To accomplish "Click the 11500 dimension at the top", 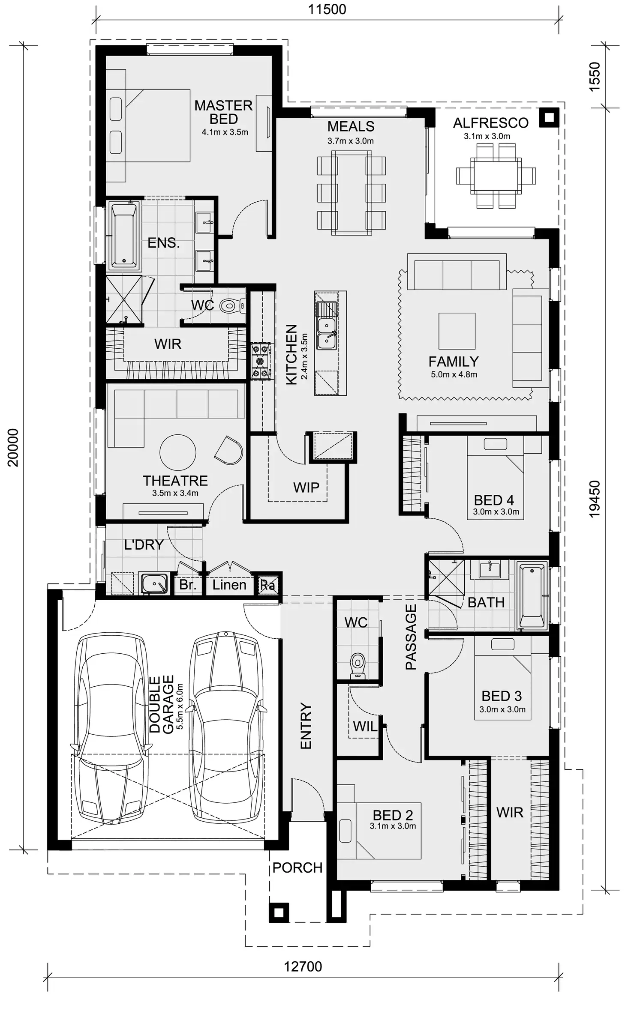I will click(x=327, y=9).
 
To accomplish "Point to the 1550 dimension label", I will click(x=595, y=77).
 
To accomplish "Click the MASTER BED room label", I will click(x=223, y=112).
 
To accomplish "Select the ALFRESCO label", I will click(x=490, y=123).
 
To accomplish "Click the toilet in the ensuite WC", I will click(x=229, y=306).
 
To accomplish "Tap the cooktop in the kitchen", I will click(x=261, y=361).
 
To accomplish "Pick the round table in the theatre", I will click(x=177, y=452).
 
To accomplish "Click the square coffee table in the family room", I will click(x=457, y=331).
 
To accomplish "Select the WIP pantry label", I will click(x=306, y=488).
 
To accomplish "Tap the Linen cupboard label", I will click(x=229, y=585).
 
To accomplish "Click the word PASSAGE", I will click(x=411, y=637).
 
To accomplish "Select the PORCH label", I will click(x=297, y=868).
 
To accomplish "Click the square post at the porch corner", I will click(x=279, y=913).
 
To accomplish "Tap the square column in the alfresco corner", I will click(x=549, y=117).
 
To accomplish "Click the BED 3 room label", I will click(x=502, y=696).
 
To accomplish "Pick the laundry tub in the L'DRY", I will click(x=154, y=584).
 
